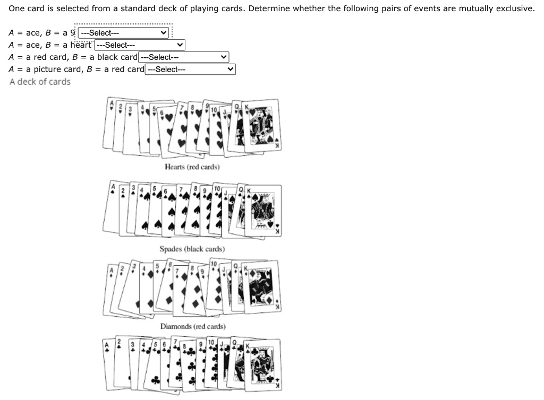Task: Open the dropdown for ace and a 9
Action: point(123,33)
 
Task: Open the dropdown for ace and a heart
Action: point(139,45)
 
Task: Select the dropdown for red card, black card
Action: point(183,57)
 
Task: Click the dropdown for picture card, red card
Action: point(190,69)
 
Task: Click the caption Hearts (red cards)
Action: point(192,167)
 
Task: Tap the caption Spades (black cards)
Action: point(192,249)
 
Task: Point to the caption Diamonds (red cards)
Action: point(193,326)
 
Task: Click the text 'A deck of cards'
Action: point(40,82)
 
